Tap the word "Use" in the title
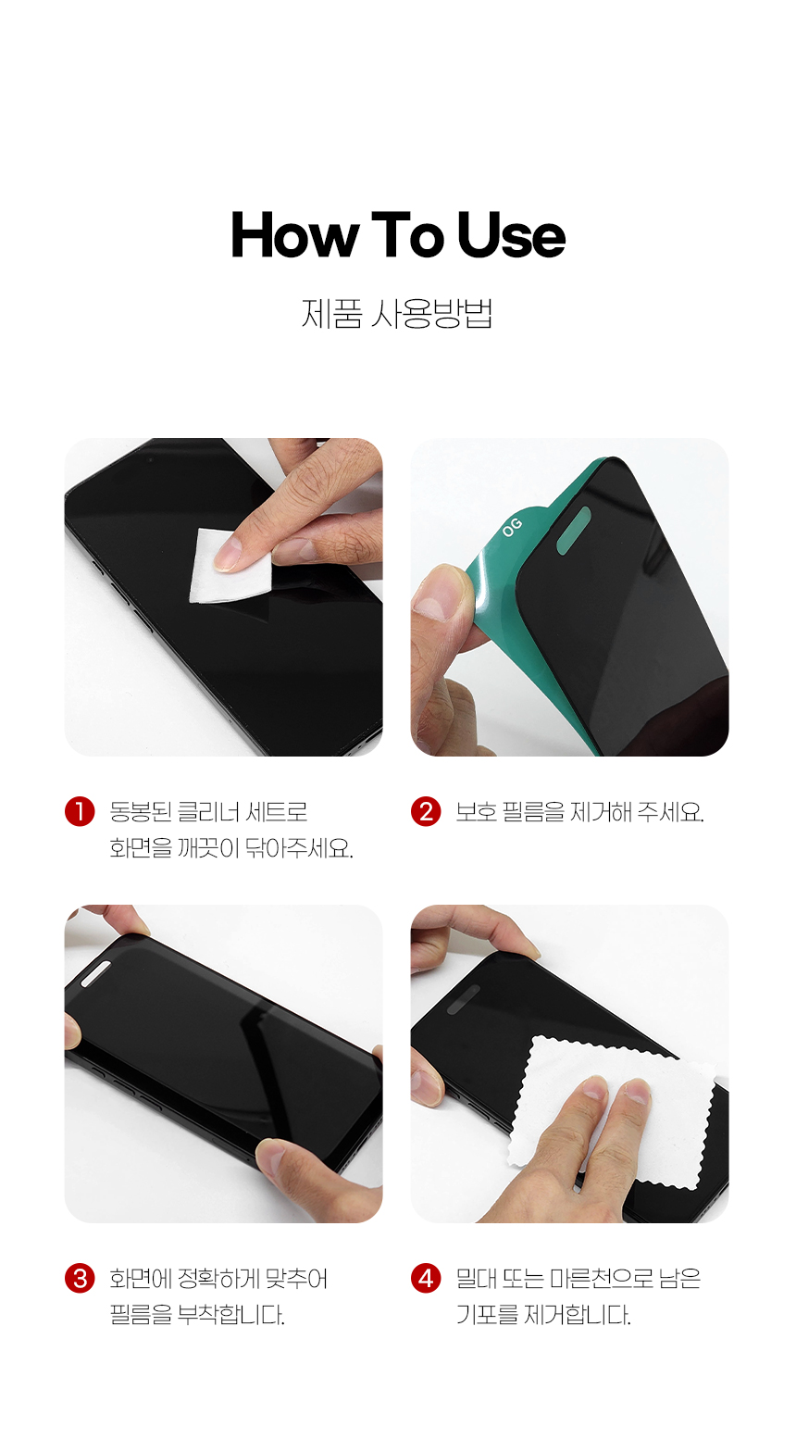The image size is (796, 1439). [x=512, y=234]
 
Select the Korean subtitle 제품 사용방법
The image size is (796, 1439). [x=397, y=314]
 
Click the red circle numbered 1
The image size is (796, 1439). [x=80, y=811]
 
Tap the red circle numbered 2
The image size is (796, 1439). [x=426, y=811]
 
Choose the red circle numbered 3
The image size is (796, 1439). [x=80, y=1279]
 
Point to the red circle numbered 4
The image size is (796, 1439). [x=426, y=1279]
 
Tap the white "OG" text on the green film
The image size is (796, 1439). [x=512, y=527]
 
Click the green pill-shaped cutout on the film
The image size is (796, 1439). [x=573, y=530]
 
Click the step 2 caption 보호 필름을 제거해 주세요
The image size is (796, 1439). [x=580, y=812]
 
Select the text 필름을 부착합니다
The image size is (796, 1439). [x=197, y=1315]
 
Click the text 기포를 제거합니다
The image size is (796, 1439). [x=543, y=1315]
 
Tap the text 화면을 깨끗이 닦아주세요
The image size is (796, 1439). [x=231, y=848]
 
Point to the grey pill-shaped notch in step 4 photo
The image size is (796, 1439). [x=464, y=999]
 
